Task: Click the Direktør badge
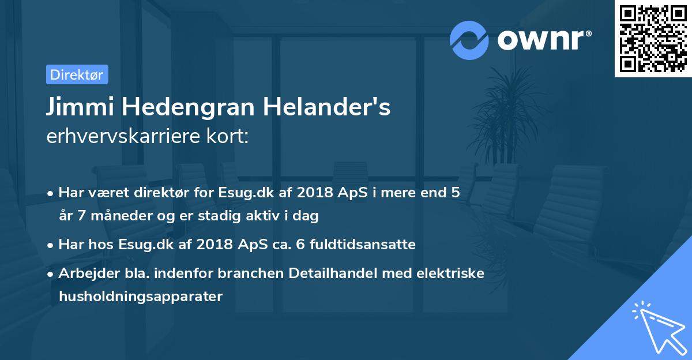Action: click(x=77, y=74)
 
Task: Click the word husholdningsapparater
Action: click(x=140, y=297)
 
